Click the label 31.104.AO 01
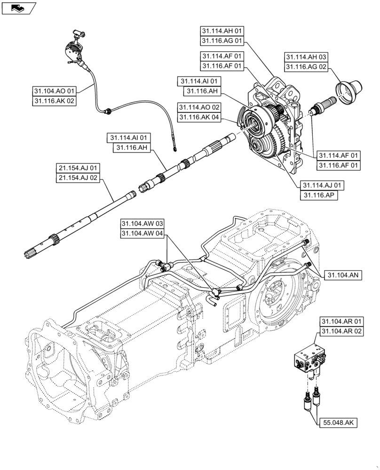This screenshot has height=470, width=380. (55, 90)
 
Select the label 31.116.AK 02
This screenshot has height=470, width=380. (55, 101)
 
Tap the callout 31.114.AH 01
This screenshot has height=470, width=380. (222, 31)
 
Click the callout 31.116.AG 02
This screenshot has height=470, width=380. (307, 67)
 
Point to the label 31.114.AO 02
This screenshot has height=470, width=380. (199, 107)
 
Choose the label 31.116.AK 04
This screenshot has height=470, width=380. (199, 117)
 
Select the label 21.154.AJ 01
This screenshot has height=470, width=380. (78, 168)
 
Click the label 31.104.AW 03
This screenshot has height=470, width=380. (142, 223)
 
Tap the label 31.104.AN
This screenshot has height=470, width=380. (341, 276)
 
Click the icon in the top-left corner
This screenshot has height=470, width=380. (18, 7)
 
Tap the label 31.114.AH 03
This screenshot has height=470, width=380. (307, 56)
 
